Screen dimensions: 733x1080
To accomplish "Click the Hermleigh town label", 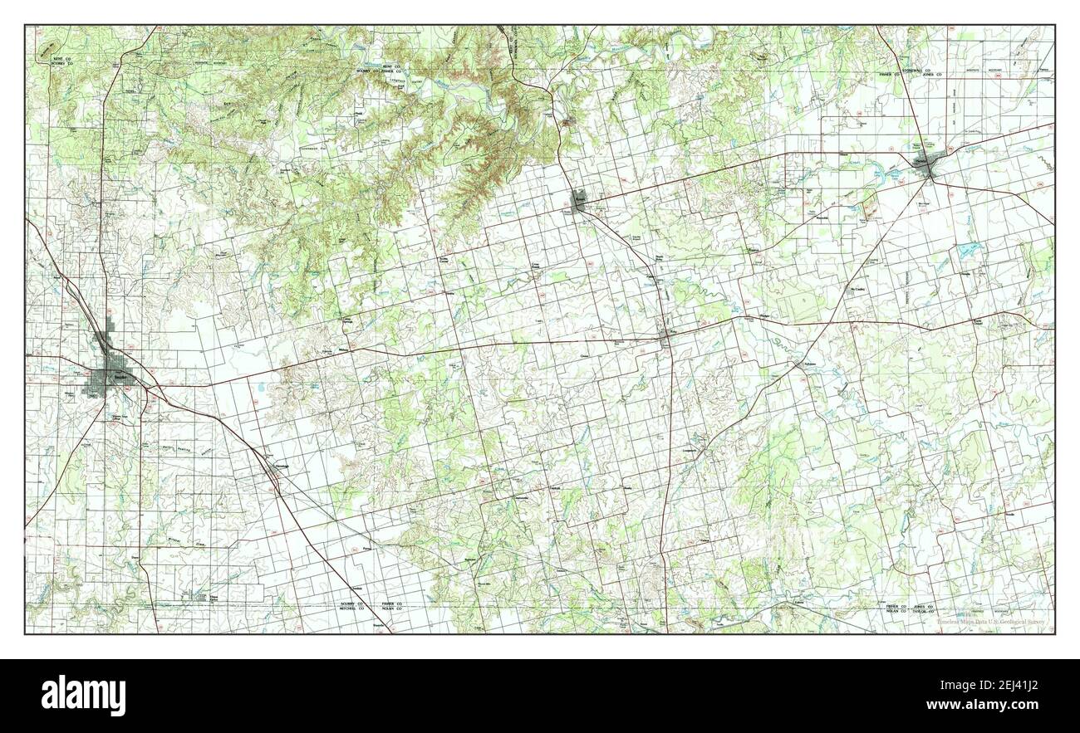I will point(280,466).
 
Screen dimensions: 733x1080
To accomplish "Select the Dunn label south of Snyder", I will point(135,557).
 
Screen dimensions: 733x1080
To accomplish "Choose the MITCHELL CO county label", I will point(353,608).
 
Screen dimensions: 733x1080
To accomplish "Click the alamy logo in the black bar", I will point(85,695).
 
